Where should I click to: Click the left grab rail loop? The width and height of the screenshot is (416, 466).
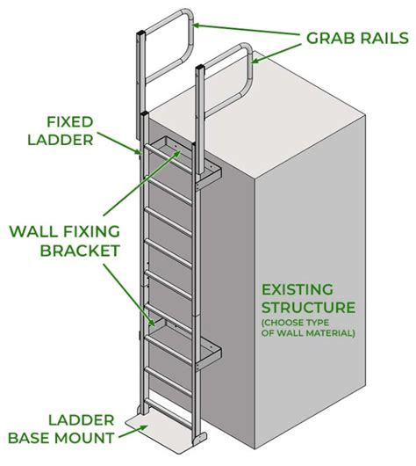click(167, 35)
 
